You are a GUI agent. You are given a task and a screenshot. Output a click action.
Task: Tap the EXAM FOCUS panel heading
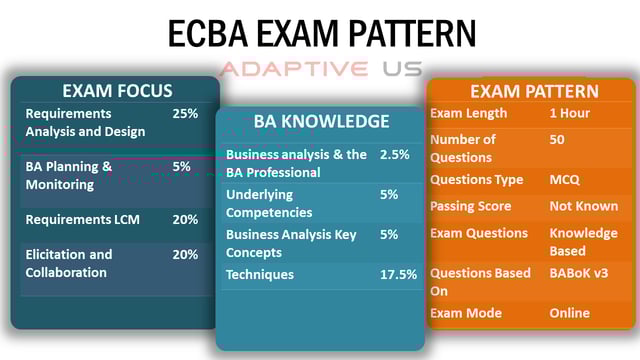coord(117,91)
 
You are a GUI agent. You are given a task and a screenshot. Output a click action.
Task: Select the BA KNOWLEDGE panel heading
coord(321,122)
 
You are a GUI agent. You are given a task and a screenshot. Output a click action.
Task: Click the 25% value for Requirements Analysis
coord(185,114)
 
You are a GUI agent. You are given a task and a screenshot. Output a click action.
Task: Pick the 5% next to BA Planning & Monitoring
coord(181,167)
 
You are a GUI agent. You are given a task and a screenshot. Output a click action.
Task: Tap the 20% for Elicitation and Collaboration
coord(185,254)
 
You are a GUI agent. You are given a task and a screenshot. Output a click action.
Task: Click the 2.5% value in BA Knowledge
coord(394,155)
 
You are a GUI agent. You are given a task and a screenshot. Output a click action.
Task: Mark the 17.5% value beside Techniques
coord(398,274)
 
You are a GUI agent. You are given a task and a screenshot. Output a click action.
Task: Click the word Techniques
coord(260,274)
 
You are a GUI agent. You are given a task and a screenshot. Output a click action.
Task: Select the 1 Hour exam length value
coord(574,114)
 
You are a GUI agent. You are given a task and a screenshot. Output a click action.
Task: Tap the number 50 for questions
coord(557,140)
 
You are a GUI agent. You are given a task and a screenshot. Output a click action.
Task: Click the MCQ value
coord(565,180)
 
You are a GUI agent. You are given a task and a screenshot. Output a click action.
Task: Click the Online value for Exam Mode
coord(570,313)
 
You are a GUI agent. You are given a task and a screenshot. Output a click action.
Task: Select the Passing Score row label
coord(470,206)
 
